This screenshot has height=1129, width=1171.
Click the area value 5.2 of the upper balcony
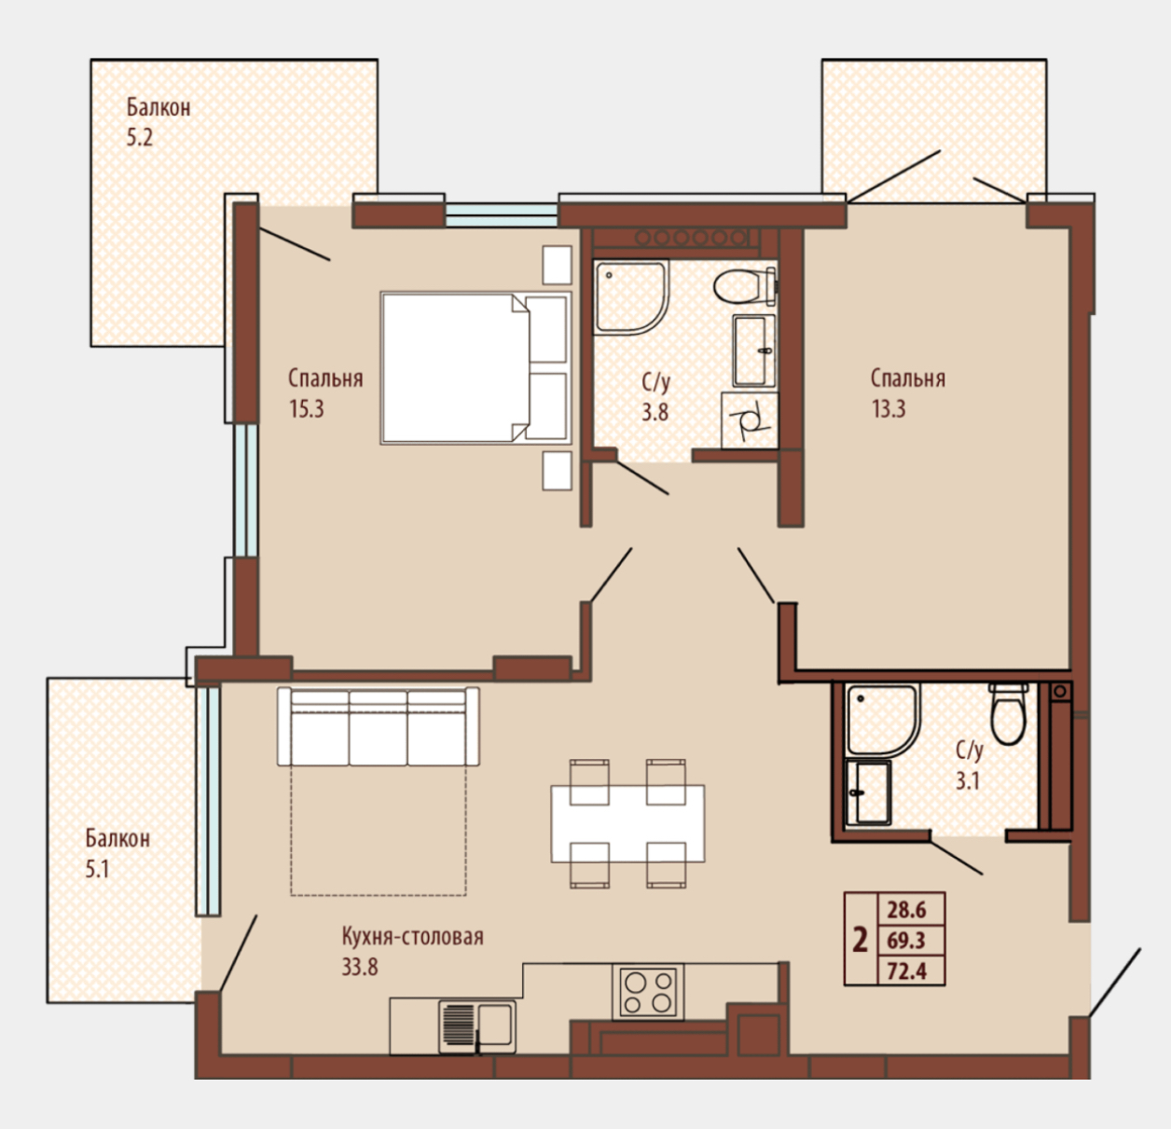click(x=140, y=137)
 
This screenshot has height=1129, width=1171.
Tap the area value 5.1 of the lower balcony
click(x=97, y=869)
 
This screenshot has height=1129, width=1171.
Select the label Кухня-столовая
click(x=413, y=936)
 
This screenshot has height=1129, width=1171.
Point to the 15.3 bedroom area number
click(x=307, y=408)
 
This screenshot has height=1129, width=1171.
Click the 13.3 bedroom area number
click(x=889, y=408)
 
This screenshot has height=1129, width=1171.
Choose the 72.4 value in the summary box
click(x=906, y=971)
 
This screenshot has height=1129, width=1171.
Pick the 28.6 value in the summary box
click(x=906, y=909)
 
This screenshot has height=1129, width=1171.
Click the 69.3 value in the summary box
click(x=906, y=940)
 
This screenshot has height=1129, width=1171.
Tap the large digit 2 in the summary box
click(x=861, y=940)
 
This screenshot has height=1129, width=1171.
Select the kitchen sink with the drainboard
click(x=477, y=1026)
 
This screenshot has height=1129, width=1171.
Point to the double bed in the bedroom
click(x=475, y=368)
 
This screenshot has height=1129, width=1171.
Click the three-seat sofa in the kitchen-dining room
click(x=378, y=726)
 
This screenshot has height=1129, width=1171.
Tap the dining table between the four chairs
click(x=627, y=822)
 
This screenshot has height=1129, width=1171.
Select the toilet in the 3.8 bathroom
click(x=745, y=286)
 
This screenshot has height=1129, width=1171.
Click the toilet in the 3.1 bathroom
click(x=1009, y=714)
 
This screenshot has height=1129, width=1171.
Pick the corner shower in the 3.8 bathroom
click(x=630, y=297)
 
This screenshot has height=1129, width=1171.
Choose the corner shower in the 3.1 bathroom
click(x=883, y=721)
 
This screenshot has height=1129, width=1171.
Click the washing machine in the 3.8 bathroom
click(x=750, y=420)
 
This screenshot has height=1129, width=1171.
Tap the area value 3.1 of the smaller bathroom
click(x=968, y=781)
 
